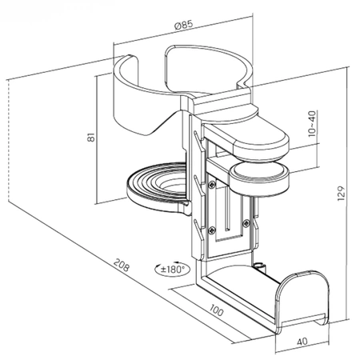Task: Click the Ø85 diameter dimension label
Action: (x=183, y=25)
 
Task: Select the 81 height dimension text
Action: (x=91, y=138)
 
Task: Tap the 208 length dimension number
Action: (x=122, y=265)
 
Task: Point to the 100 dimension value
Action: (x=216, y=310)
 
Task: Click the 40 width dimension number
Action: (x=302, y=342)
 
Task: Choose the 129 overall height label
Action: (x=341, y=194)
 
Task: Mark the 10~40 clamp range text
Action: (x=312, y=124)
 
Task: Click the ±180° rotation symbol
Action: (x=172, y=269)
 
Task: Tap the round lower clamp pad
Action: (x=259, y=180)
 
